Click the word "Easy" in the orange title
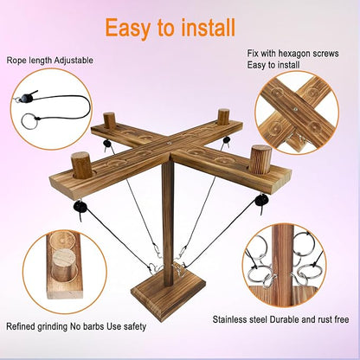128,29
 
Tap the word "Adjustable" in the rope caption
74,61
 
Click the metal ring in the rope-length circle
29,122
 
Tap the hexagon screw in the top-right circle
295,109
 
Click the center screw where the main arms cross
169,142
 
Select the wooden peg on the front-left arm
82,165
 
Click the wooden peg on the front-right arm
261,159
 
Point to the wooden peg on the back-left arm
109,120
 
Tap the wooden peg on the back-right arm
223,117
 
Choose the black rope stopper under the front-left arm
80,208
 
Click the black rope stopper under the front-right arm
260,201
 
